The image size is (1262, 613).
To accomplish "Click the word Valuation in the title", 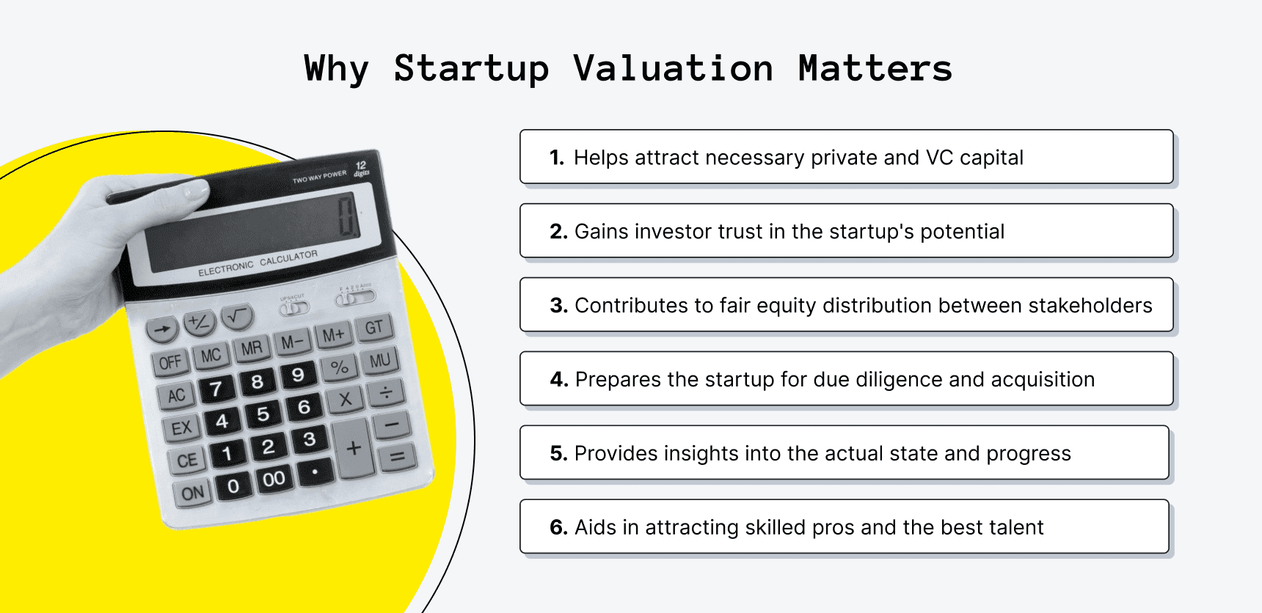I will (x=673, y=69).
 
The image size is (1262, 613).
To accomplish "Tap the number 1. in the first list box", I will (x=557, y=158).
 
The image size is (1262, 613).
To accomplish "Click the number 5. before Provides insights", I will (x=558, y=454).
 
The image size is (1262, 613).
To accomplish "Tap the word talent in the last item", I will (x=1016, y=528).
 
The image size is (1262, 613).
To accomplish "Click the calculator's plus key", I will (x=354, y=448).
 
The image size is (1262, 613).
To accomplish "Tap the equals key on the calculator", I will (x=397, y=458).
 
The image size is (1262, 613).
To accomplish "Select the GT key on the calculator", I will (x=374, y=328).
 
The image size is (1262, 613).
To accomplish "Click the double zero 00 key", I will (x=274, y=480).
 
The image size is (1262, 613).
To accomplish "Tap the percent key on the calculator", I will (x=339, y=367).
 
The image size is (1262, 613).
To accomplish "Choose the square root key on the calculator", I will (x=236, y=317).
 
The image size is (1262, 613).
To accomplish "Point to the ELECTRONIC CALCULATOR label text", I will (x=258, y=263).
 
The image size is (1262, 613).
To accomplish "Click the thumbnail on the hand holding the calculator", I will (x=196, y=191).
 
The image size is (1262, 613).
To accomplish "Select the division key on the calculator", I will (x=386, y=392).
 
